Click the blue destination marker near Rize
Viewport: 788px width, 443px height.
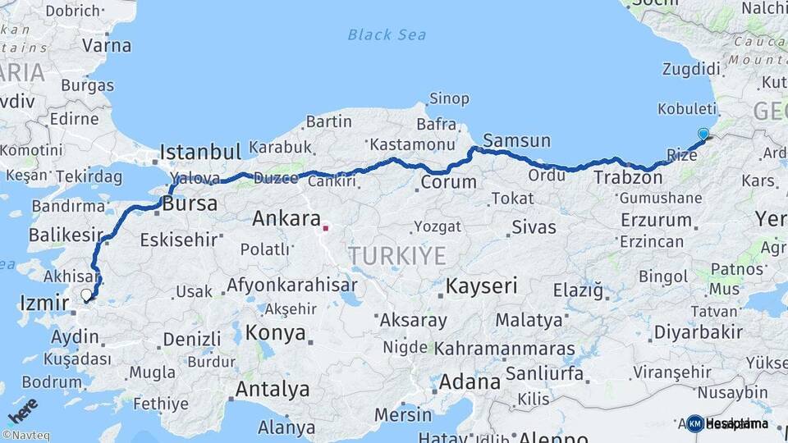point(703,134)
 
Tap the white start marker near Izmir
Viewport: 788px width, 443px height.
point(86,294)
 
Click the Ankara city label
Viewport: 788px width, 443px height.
point(286,219)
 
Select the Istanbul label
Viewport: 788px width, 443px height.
point(200,152)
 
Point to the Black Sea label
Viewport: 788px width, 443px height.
point(387,34)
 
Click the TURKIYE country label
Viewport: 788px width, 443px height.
point(397,256)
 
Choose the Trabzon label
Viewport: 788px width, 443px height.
point(621,177)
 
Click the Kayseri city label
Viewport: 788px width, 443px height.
point(482,285)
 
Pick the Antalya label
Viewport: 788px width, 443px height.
point(273,388)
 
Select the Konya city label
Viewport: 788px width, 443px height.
point(276,334)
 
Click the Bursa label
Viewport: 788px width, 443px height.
point(190,203)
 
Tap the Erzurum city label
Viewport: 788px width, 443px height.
point(656,220)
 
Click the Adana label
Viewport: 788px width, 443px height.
point(470,382)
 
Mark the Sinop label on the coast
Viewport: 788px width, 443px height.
point(450,99)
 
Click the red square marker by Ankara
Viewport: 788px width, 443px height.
point(326,229)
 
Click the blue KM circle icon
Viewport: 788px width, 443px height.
point(695,423)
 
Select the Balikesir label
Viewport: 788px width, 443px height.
point(65,235)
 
